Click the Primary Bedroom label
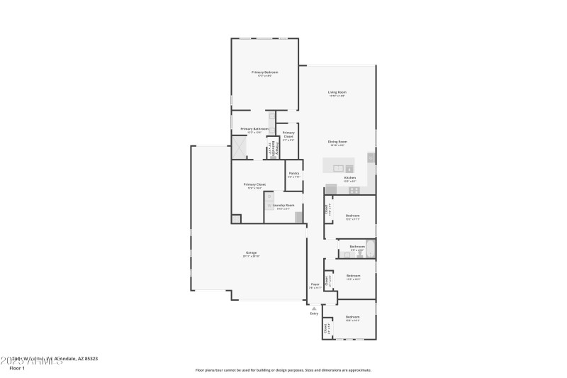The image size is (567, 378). [x=264, y=72]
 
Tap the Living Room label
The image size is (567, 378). [x=337, y=92]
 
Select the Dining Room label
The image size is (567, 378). [x=337, y=142]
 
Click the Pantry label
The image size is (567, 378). [x=293, y=174]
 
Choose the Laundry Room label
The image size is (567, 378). [x=283, y=206]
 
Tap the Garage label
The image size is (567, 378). [x=251, y=253]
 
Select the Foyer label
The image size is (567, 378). [x=315, y=284]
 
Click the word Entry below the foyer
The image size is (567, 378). [x=314, y=313]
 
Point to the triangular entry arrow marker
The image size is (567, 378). [x=314, y=308]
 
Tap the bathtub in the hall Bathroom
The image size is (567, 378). [x=369, y=249]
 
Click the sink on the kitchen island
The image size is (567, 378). [x=339, y=167]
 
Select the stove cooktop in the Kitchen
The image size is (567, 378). [x=354, y=189]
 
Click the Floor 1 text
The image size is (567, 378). [x=17, y=368]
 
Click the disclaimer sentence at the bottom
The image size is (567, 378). [x=283, y=369]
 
